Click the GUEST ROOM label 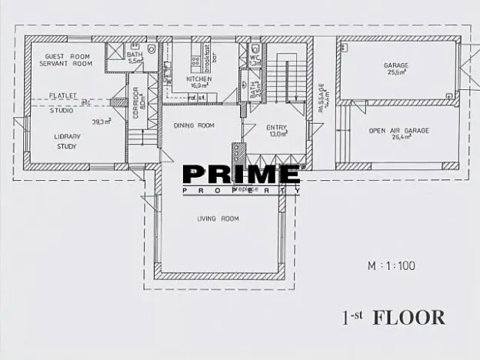point(65,56)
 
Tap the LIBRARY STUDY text point(67,141)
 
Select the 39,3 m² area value point(101,122)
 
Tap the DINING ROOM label point(193,125)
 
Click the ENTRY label point(276,127)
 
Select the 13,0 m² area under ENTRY point(276,135)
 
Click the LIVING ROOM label point(218,218)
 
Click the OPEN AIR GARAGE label point(398,131)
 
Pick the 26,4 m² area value point(398,138)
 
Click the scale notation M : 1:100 point(391,266)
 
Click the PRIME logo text point(241,175)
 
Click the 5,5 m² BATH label point(135,57)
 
